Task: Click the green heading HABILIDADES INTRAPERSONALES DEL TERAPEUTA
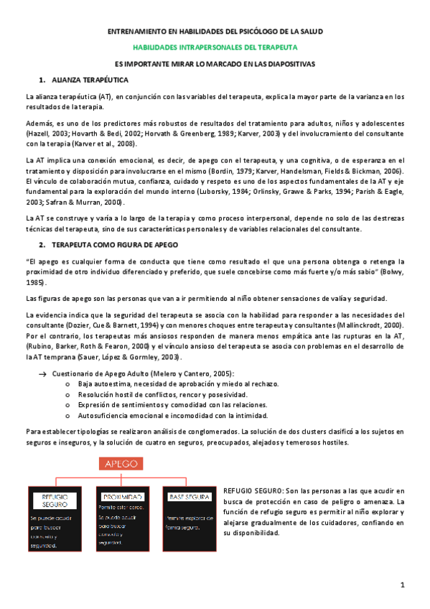pos(215,47)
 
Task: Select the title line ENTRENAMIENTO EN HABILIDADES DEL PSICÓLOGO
pos(215,32)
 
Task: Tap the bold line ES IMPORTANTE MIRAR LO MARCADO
pos(215,63)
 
